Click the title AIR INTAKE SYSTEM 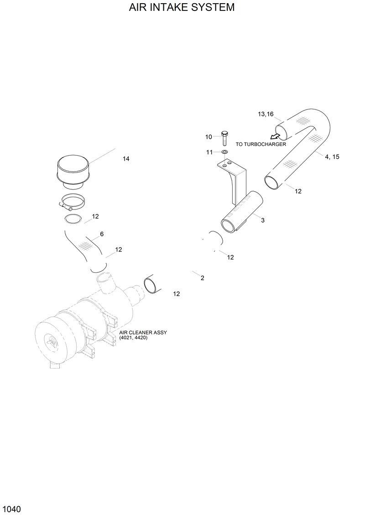point(182,8)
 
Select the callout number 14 point(126,159)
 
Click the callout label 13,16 point(266,114)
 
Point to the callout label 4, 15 point(332,157)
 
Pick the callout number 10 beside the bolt point(209,137)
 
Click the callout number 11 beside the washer point(209,152)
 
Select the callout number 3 point(263,220)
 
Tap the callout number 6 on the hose point(102,234)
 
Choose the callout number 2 point(202,278)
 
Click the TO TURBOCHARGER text point(261,144)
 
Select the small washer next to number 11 point(225,151)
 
